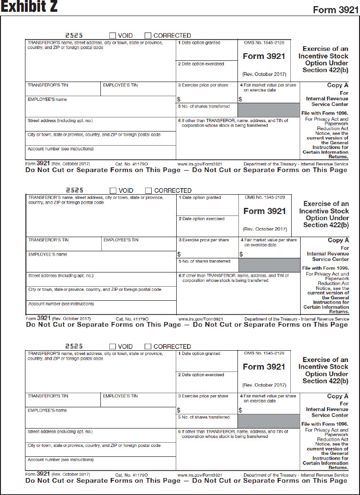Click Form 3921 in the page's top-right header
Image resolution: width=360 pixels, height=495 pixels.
pyautogui.click(x=335, y=10)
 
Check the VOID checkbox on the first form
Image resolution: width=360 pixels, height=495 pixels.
pyautogui.click(x=113, y=35)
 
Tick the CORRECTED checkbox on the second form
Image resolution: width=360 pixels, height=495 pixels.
pyautogui.click(x=148, y=190)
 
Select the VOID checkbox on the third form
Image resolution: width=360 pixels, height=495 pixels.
pyautogui.click(x=113, y=346)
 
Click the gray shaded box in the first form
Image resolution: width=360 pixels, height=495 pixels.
pyautogui.click(x=268, y=110)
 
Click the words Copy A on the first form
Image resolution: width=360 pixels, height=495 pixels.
pyautogui.click(x=337, y=85)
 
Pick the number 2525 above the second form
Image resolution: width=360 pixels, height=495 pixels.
pyautogui.click(x=74, y=190)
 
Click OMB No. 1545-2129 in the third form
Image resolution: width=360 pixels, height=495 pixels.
pyautogui.click(x=264, y=353)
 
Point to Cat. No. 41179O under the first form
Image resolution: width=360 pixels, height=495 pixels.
pyautogui.click(x=131, y=164)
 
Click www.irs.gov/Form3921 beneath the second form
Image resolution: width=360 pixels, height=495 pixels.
pyautogui.click(x=201, y=319)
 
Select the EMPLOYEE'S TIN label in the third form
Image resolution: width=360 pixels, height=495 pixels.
pyautogui.click(x=120, y=396)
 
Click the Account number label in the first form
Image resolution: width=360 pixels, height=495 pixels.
pyautogui.click(x=61, y=148)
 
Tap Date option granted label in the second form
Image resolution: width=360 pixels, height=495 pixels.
pyautogui.click(x=200, y=198)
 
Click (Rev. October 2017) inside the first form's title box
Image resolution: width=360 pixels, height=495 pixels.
pyautogui.click(x=264, y=74)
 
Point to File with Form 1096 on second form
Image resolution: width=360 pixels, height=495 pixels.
pyautogui.click(x=325, y=268)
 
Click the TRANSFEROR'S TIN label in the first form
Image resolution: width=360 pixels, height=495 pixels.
pyautogui.click(x=48, y=85)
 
